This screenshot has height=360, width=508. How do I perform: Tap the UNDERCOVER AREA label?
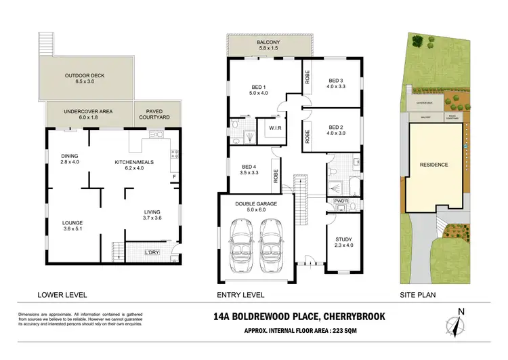[x=88, y=111]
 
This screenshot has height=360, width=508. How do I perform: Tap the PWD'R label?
[x=341, y=201]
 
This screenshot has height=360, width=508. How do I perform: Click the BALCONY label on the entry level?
[x=268, y=41]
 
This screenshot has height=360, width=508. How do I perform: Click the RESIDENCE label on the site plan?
[x=433, y=164]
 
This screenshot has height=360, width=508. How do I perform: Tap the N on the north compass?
[x=460, y=311]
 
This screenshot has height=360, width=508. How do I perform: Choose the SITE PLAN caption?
[x=417, y=294]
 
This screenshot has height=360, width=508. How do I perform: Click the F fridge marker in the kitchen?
[x=175, y=178]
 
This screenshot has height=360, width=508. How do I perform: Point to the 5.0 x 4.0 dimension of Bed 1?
[x=257, y=93]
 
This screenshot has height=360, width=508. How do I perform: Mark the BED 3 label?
[x=337, y=79]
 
